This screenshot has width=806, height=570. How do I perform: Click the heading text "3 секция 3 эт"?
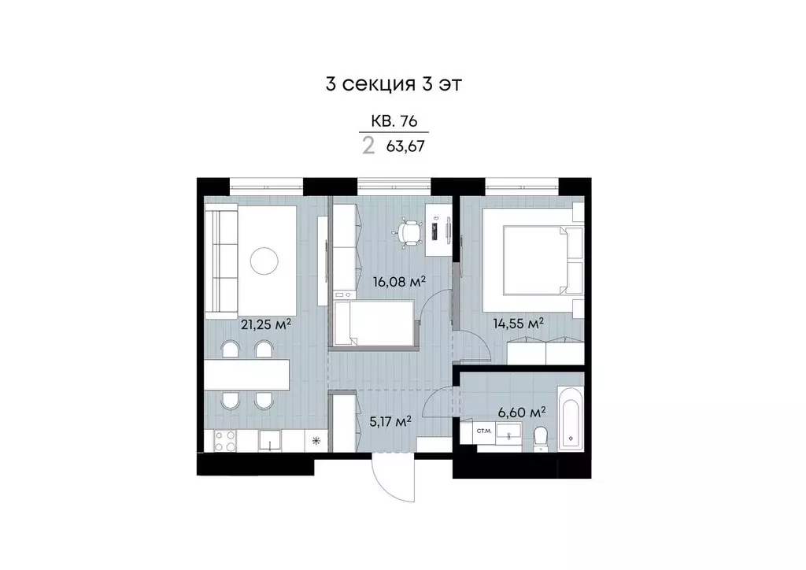392,84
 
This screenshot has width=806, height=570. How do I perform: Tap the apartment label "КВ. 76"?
394,121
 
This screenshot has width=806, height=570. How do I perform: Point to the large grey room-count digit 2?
368,146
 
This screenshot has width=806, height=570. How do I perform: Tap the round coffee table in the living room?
264,260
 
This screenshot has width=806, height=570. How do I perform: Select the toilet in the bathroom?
540,438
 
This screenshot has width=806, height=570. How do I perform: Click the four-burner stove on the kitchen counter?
220,442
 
